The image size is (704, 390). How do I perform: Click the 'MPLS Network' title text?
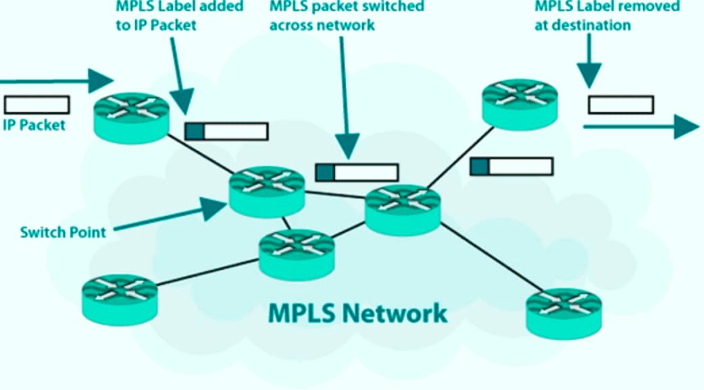(357, 314)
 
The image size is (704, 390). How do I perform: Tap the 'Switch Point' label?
(63, 232)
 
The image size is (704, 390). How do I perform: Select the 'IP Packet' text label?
(34, 125)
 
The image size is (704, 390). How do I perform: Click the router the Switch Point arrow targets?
(266, 191)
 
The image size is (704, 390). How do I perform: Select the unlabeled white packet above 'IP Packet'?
(36, 105)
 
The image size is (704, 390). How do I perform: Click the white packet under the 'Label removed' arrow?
(620, 105)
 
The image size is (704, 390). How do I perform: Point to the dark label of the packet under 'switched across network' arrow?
(325, 172)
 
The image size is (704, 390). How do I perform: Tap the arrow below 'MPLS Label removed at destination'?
(589, 61)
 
